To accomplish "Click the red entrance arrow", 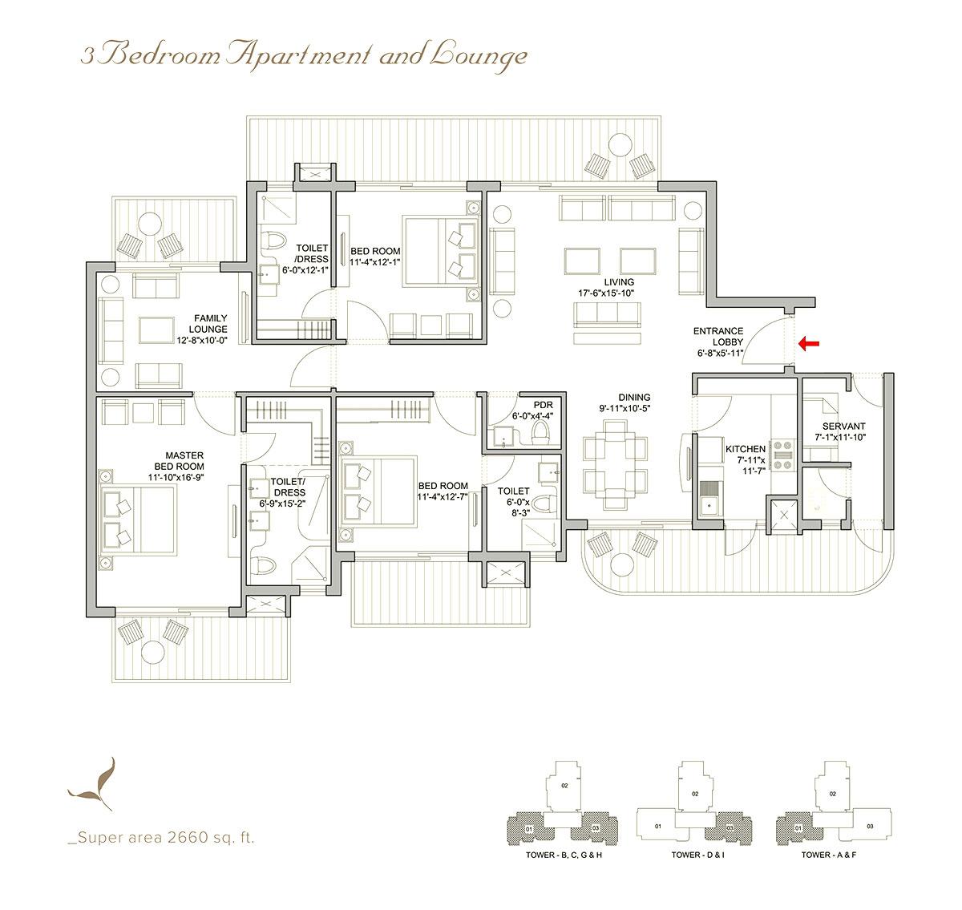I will (x=808, y=344).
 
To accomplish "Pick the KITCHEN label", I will (x=745, y=449).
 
